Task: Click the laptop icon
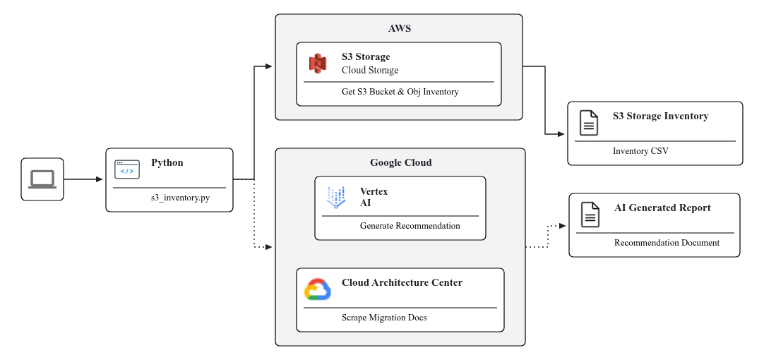pyautogui.click(x=42, y=179)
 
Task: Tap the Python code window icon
pyautogui.click(x=127, y=169)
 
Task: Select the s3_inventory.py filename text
pyautogui.click(x=179, y=198)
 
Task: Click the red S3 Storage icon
pyautogui.click(x=318, y=63)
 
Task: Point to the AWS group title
pyautogui.click(x=399, y=29)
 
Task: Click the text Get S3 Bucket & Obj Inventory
pyautogui.click(x=400, y=92)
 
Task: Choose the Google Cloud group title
pyautogui.click(x=400, y=163)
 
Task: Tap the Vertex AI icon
pyautogui.click(x=336, y=198)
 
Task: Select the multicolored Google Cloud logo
pyautogui.click(x=318, y=289)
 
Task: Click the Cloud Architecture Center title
pyautogui.click(x=402, y=283)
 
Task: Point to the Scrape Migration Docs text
pyautogui.click(x=384, y=318)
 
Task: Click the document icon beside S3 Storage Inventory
pyautogui.click(x=588, y=123)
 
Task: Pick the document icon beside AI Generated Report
pyautogui.click(x=590, y=215)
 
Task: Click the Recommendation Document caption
pyautogui.click(x=667, y=243)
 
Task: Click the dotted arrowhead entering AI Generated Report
pyautogui.click(x=562, y=226)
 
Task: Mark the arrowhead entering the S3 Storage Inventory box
pyautogui.click(x=562, y=134)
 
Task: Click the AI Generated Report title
pyautogui.click(x=662, y=208)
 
